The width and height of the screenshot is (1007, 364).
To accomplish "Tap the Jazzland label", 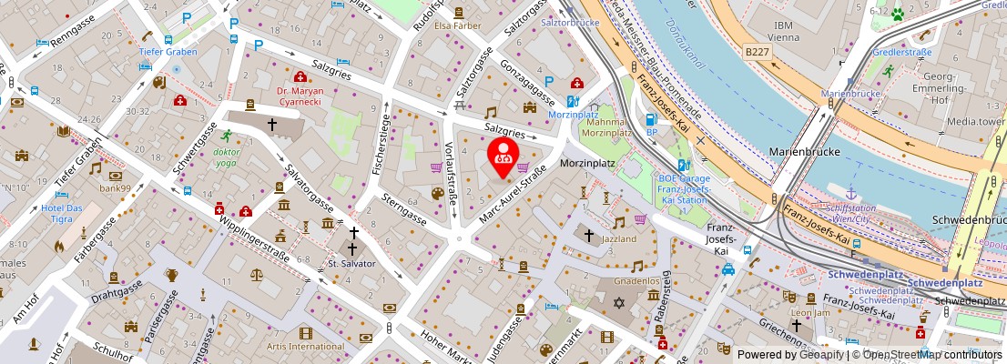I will [x=619, y=238].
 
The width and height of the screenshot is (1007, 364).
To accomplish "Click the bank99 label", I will [x=116, y=188].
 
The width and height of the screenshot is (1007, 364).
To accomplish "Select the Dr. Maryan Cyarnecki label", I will [x=300, y=97].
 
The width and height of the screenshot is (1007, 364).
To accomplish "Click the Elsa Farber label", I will [x=457, y=26].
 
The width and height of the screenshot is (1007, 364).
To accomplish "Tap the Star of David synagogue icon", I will [x=621, y=301].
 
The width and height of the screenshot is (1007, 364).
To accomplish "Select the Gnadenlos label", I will [x=636, y=282].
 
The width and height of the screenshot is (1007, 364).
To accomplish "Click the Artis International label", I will [x=305, y=346].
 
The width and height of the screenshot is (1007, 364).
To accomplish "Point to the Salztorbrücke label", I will [x=569, y=21].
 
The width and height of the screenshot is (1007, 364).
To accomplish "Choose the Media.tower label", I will [x=976, y=120].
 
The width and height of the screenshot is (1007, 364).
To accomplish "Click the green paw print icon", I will [x=897, y=15].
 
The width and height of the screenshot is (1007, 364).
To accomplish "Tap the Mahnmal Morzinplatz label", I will [x=607, y=128].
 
